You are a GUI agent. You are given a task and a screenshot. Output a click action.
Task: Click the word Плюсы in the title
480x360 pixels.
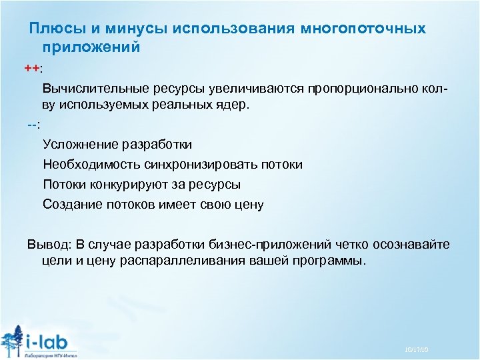tap(55, 29)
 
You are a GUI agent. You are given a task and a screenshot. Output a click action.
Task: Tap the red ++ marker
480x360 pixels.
tap(31, 69)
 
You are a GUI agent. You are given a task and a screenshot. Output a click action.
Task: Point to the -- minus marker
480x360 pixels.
tap(32, 125)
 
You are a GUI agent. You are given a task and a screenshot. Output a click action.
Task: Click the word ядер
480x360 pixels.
tap(233, 105)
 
